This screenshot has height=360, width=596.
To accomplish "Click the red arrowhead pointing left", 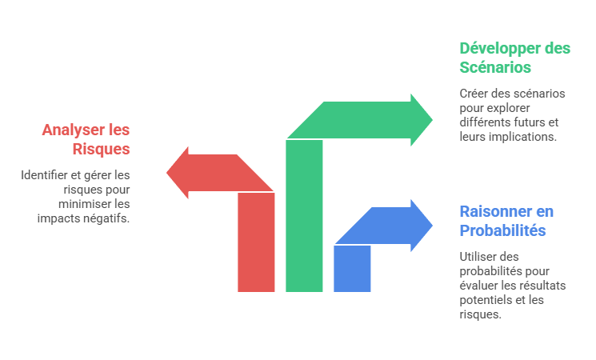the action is pyautogui.click(x=178, y=173).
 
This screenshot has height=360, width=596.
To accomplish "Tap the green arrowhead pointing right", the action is pyautogui.click(x=421, y=120).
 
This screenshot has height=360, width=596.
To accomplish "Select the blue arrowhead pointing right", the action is pyautogui.click(x=421, y=226).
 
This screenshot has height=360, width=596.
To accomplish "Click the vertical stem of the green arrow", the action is pyautogui.click(x=304, y=215).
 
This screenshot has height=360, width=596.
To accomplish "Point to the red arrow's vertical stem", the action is pyautogui.click(x=256, y=242).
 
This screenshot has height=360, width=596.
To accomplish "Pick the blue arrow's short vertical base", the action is pyautogui.click(x=352, y=268).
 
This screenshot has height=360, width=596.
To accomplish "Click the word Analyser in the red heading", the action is pyautogui.click(x=74, y=130).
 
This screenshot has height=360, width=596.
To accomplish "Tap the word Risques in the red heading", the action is pyautogui.click(x=101, y=149).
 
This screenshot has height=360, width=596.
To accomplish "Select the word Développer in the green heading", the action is pyautogui.click(x=499, y=49).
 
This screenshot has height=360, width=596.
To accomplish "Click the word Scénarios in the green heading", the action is pyautogui.click(x=495, y=67).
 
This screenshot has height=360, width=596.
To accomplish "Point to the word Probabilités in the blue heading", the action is pyautogui.click(x=502, y=230).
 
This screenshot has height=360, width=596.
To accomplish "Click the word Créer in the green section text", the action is pyautogui.click(x=472, y=94).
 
